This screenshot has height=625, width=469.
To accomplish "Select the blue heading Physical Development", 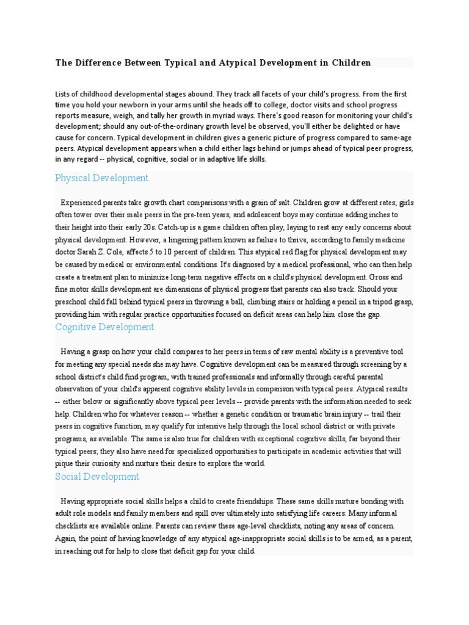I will [x=101, y=178].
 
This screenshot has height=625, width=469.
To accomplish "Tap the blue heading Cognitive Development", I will [x=104, y=327].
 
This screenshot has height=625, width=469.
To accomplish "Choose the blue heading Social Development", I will [x=97, y=477].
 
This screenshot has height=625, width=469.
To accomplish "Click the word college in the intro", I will [x=282, y=104].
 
